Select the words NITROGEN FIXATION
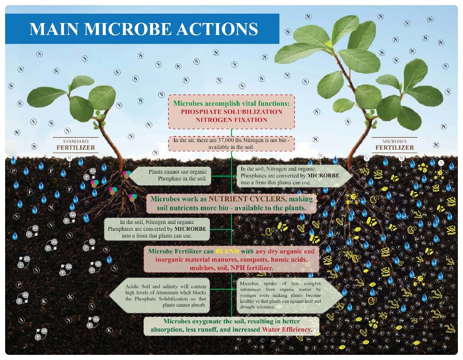231,120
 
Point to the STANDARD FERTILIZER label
76,145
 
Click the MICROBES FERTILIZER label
394,145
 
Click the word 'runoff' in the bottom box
222,330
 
